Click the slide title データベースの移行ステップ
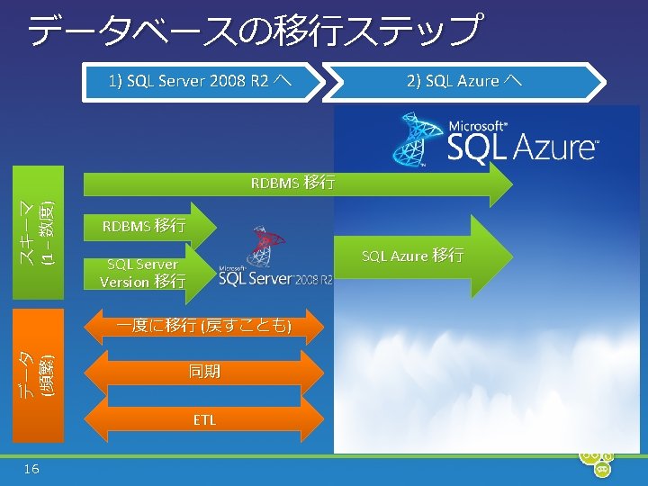pyautogui.click(x=253, y=31)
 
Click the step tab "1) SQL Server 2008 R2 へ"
pyautogui.click(x=199, y=81)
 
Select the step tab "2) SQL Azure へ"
pyautogui.click(x=463, y=81)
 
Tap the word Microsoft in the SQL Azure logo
pyautogui.click(x=478, y=127)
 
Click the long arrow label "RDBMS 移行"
pyautogui.click(x=293, y=184)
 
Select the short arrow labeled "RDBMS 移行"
pyautogui.click(x=144, y=226)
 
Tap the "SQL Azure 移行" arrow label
pyautogui.click(x=413, y=256)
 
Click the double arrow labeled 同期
pyautogui.click(x=205, y=372)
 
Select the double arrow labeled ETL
pyautogui.click(x=204, y=419)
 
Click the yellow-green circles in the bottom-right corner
pyautogui.click(x=596, y=461)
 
